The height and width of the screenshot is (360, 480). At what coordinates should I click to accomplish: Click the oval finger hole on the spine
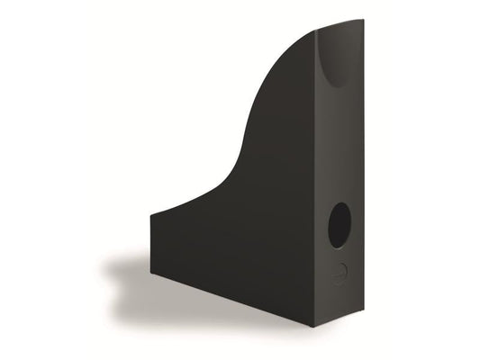[340, 225]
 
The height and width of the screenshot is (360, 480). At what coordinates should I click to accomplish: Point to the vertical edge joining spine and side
[318, 180]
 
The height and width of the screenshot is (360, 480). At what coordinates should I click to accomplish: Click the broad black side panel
[261, 234]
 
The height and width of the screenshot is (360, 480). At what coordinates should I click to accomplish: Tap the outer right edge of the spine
[361, 162]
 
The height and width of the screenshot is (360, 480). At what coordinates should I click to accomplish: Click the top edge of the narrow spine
[340, 24]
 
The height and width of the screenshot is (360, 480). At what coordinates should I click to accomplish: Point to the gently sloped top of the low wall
[180, 202]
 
